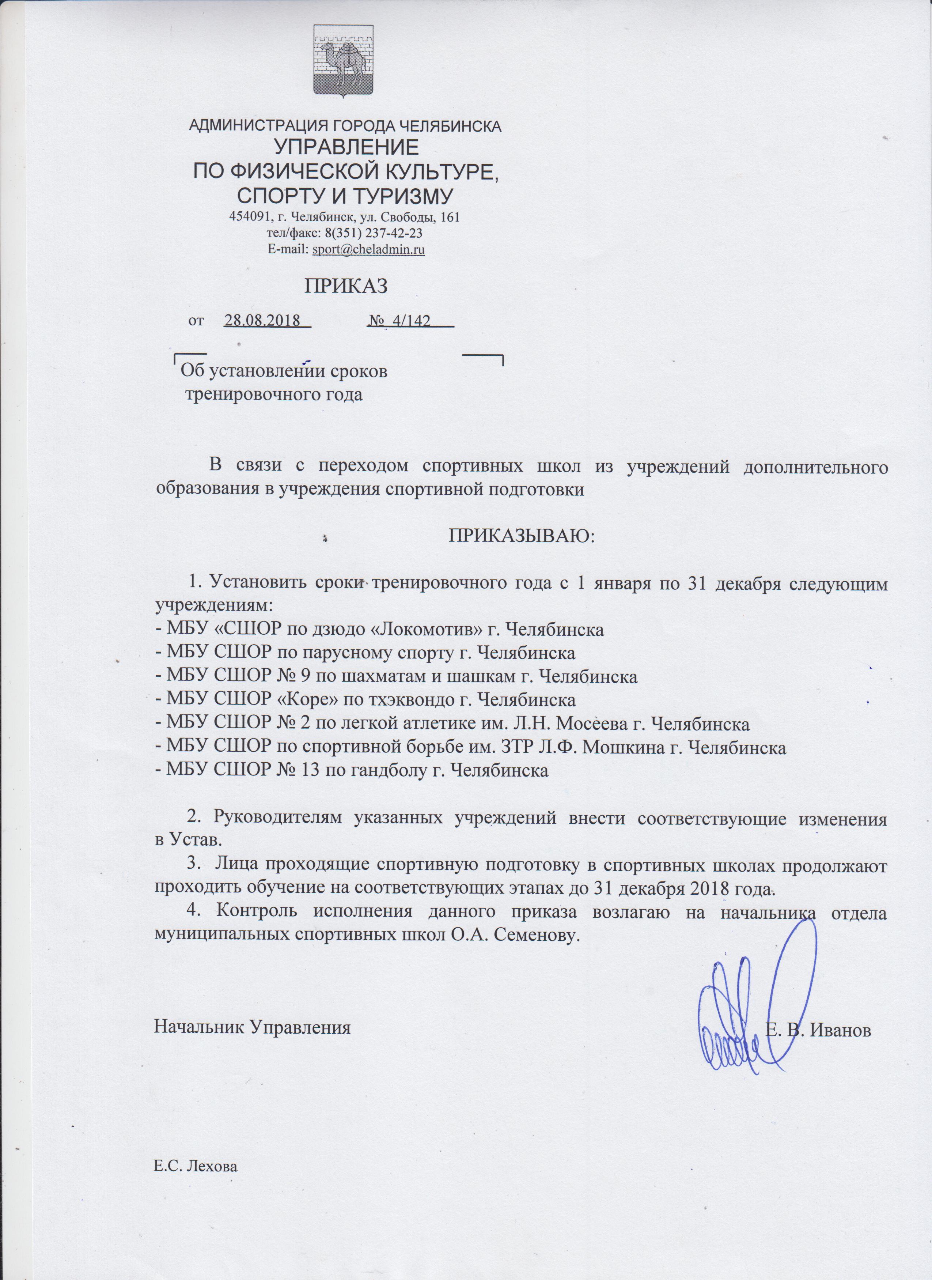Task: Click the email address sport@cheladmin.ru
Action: [x=368, y=249]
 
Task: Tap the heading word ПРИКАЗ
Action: [x=346, y=287]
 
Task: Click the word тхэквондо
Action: [x=430, y=701]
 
